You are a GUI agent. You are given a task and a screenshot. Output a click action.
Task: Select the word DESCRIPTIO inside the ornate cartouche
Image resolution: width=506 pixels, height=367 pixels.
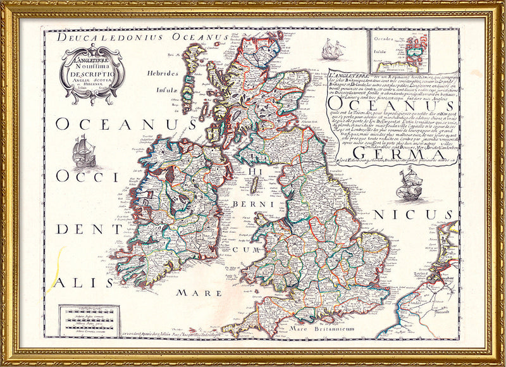(x=93, y=72)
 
